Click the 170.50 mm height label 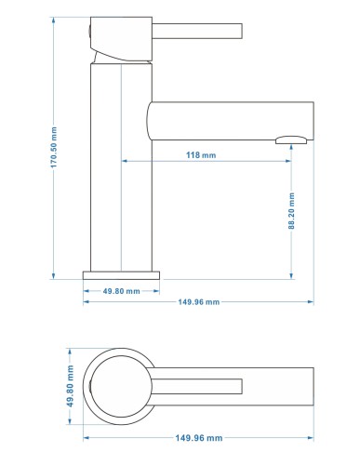[54, 147]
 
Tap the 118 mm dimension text [201, 155]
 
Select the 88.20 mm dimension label [291, 211]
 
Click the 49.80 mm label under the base [122, 291]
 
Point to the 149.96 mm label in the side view [199, 302]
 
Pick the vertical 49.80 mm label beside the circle [71, 386]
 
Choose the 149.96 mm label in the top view [199, 438]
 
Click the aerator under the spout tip [291, 139]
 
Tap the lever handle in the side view [197, 31]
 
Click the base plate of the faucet [121, 275]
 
